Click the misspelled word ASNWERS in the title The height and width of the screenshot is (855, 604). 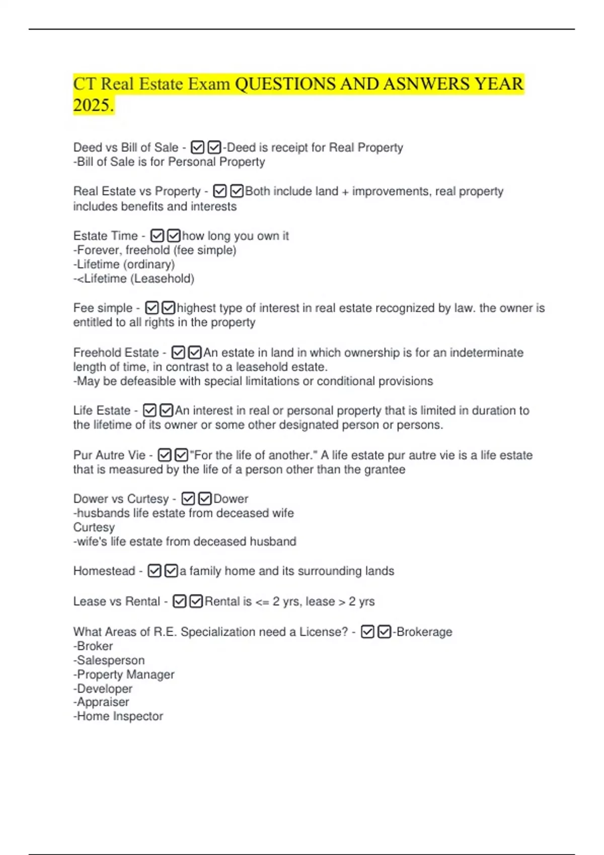(426, 83)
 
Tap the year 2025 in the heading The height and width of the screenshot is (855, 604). (93, 105)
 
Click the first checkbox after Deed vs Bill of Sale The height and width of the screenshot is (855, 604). (198, 147)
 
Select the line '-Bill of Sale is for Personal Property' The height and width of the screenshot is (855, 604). (169, 162)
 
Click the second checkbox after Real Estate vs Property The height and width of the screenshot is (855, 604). (237, 191)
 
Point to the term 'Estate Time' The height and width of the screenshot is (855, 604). (105, 236)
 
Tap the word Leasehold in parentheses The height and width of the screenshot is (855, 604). (162, 279)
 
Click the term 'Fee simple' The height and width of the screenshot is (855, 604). (103, 308)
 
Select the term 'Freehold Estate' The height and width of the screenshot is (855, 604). (116, 353)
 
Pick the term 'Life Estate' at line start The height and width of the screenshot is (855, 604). (102, 410)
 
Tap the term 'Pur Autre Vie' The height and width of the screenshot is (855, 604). (109, 455)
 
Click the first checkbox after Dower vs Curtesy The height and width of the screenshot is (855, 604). (188, 498)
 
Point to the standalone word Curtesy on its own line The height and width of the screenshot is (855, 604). (94, 527)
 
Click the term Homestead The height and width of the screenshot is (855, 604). (104, 571)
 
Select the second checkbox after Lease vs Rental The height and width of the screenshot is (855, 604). (196, 602)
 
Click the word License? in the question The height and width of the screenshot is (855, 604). (324, 632)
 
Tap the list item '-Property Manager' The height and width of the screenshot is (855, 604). (124, 674)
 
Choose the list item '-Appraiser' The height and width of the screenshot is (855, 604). (101, 702)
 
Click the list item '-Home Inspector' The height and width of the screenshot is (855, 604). (118, 716)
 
